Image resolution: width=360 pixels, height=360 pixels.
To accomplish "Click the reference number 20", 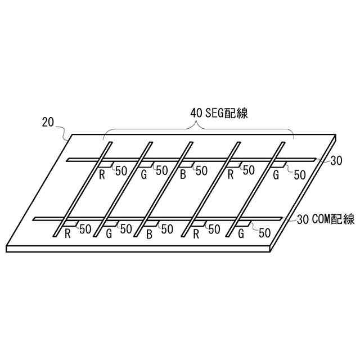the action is click(48, 121).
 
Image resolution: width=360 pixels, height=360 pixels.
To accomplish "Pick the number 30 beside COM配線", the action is click(302, 220).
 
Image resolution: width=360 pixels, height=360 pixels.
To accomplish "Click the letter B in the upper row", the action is click(183, 175).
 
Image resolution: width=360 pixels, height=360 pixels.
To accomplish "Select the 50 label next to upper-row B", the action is click(201, 170).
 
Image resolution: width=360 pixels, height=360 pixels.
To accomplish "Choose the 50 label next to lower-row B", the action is click(167, 229).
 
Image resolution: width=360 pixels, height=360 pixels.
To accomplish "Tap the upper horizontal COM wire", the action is click(191, 160).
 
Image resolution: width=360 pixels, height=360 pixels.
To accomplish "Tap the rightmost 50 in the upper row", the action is click(300, 175).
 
